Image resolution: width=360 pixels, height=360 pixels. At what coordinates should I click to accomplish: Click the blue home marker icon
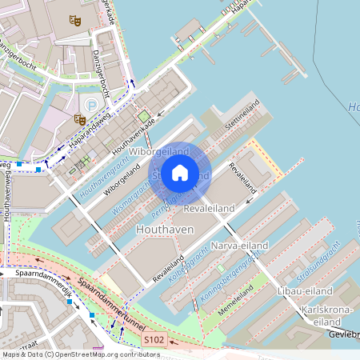tap(180, 173)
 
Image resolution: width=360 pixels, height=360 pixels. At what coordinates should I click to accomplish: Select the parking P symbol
tap(92, 105)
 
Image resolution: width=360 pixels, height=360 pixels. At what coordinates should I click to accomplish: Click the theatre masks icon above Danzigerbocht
tap(75, 21)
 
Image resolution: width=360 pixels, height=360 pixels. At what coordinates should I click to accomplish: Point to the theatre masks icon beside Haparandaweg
tap(79, 118)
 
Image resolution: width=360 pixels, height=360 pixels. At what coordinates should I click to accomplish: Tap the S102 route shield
tap(154, 341)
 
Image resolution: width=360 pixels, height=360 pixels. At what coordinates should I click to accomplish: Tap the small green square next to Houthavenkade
tap(144, 116)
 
